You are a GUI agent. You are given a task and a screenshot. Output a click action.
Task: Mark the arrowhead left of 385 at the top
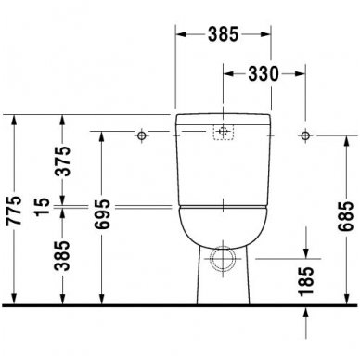(x=180, y=35)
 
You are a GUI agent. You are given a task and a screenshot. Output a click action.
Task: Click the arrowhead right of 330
(x=300, y=75)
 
